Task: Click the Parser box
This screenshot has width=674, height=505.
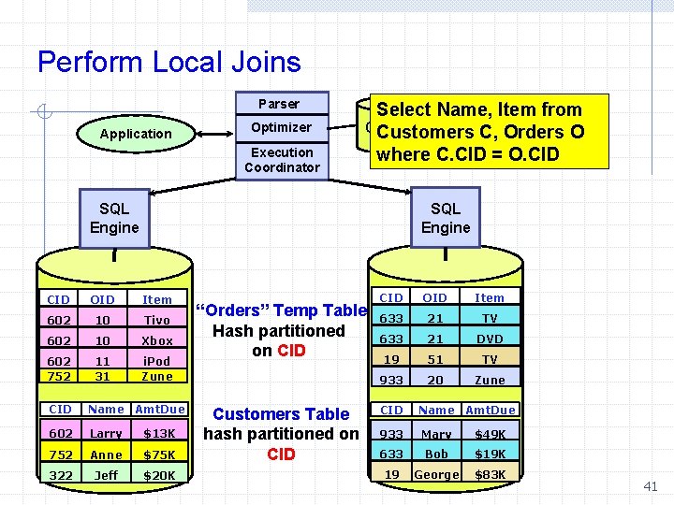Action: (x=279, y=104)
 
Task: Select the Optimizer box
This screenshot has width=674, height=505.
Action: (x=281, y=127)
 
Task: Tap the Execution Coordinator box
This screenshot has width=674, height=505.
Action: (x=282, y=160)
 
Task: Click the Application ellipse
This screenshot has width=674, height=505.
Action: (x=136, y=134)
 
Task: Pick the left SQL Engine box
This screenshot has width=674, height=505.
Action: (x=114, y=218)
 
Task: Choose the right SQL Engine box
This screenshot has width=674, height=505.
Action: (x=446, y=218)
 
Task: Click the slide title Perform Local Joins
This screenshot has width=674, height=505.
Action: (x=169, y=63)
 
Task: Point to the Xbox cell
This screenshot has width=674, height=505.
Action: (x=156, y=341)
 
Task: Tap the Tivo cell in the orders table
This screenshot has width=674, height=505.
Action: (x=156, y=320)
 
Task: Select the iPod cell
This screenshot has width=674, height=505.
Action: (x=156, y=361)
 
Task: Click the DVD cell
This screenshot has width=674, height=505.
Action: (x=490, y=339)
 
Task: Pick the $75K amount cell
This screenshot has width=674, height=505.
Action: (x=159, y=454)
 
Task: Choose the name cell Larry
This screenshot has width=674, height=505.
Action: (x=106, y=434)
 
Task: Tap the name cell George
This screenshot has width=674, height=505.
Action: (x=436, y=474)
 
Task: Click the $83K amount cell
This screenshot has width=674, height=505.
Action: (x=490, y=474)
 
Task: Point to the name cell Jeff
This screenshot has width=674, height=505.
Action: (x=106, y=475)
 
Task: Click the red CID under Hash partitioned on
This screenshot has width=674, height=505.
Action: (x=292, y=352)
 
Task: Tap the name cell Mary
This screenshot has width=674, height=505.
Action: (x=436, y=434)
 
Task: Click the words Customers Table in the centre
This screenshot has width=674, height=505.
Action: (x=281, y=413)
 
